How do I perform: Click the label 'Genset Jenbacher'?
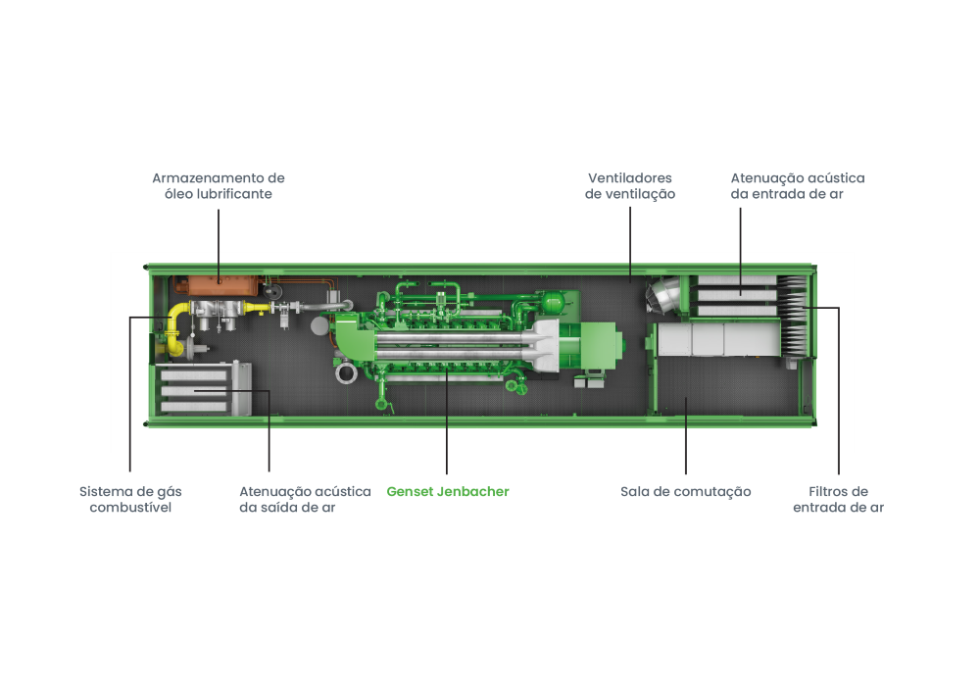tap(448, 492)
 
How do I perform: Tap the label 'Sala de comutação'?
tap(685, 492)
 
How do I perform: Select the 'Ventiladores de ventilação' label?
tap(629, 186)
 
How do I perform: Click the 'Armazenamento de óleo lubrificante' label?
tap(218, 186)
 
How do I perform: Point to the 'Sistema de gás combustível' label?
tap(130, 500)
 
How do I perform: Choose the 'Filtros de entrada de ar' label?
tap(838, 500)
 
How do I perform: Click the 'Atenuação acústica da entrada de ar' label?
tap(797, 186)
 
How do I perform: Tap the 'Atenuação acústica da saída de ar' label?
tap(305, 500)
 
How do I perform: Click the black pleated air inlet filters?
tap(796, 316)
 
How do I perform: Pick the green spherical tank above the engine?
tap(554, 294)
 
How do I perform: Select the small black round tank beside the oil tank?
tap(271, 290)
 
